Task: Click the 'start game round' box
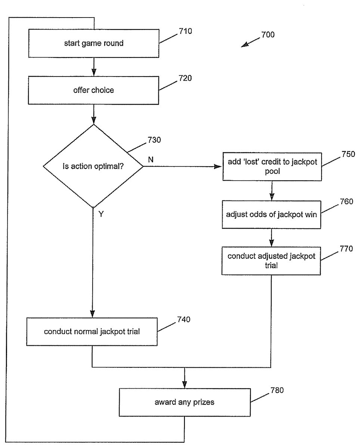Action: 93,43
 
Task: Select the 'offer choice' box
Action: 93,90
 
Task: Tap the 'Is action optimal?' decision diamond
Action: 93,166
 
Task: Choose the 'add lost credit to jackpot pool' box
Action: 271,166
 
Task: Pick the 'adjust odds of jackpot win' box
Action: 271,215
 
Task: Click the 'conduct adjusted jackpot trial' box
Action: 271,261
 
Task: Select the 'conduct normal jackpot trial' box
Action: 92,331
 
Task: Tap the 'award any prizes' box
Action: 184,402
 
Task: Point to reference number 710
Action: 185,31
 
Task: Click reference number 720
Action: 185,78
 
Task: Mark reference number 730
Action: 154,140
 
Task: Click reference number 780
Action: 277,391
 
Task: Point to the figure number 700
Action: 268,35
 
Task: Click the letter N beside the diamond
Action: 150,159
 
